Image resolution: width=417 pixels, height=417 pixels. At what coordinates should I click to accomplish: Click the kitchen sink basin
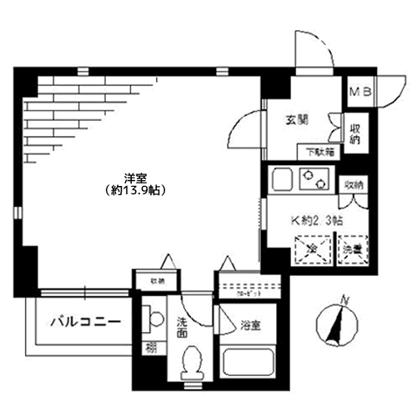tap(282, 179)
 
